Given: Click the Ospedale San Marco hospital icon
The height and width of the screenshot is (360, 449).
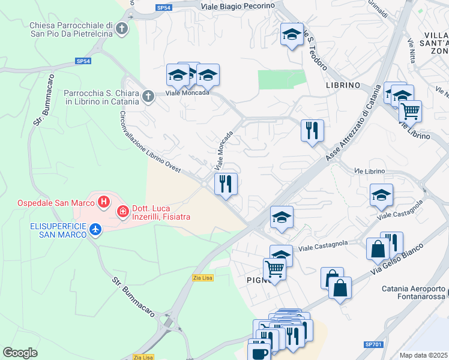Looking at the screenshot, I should coord(104,202).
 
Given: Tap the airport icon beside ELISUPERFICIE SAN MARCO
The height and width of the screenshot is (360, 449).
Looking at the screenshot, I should coord(95,229).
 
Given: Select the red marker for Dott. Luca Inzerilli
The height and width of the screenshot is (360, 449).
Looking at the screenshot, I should coord(122,211).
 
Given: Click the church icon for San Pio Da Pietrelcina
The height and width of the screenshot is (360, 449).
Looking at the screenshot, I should coord(122,28).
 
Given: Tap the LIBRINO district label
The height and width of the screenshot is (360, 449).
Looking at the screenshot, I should coord(343,85).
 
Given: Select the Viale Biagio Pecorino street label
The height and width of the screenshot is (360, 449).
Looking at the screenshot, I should coord(238,5).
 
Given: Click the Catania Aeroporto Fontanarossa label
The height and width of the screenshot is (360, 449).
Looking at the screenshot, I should coord(415,292).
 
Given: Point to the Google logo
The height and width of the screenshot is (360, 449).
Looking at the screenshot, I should coord(20,352).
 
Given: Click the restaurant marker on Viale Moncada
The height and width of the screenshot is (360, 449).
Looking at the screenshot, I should coord(226,184).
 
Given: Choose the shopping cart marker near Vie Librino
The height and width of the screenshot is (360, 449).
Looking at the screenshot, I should coord(410,110).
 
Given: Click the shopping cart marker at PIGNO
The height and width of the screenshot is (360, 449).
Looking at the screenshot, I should coord(274,268).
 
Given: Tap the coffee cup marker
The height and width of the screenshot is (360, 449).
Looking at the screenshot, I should coord(259,352).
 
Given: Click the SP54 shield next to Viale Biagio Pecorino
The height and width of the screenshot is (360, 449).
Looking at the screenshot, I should coord(163,8).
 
